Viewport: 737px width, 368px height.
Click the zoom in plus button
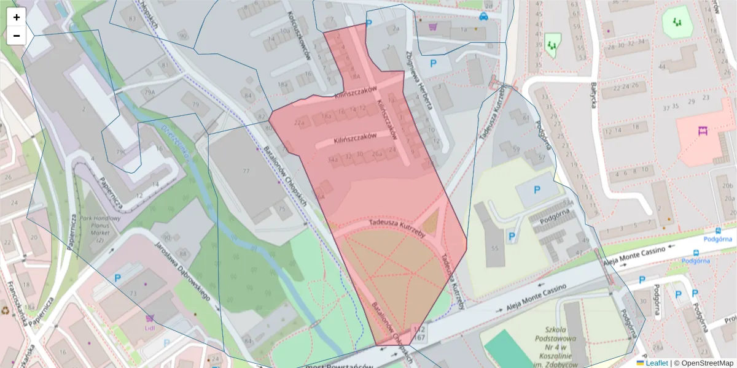tap(17, 17)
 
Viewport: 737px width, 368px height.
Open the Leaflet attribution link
tap(657, 363)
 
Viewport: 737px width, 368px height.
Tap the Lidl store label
tap(150, 328)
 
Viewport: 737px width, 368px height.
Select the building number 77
tap(246, 170)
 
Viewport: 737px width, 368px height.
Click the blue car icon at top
tap(484, 17)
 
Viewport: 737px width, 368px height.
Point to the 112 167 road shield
tap(421, 334)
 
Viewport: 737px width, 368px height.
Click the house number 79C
tap(121, 151)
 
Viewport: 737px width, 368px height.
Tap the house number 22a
tap(300, 123)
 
